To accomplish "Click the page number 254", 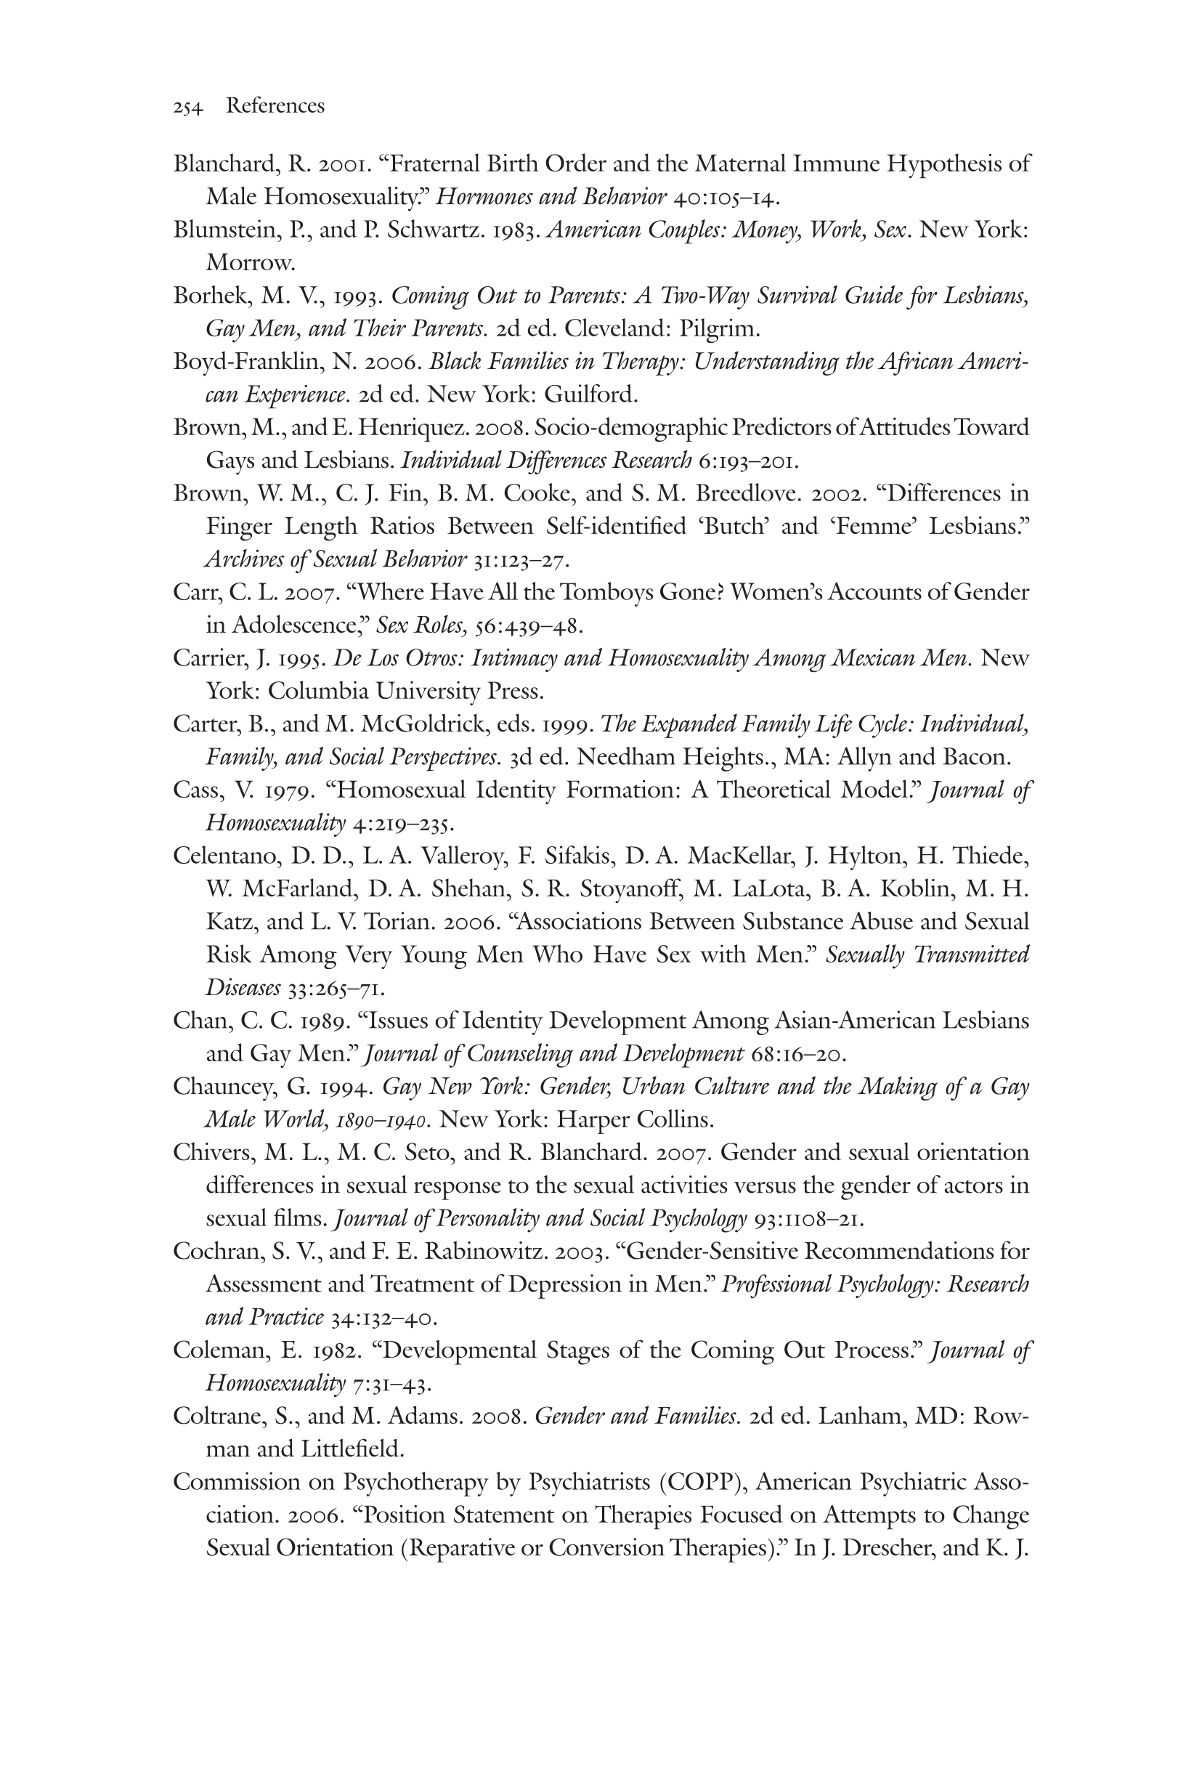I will [x=187, y=108].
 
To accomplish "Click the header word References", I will [x=275, y=106].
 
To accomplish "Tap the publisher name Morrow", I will [x=249, y=263].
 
